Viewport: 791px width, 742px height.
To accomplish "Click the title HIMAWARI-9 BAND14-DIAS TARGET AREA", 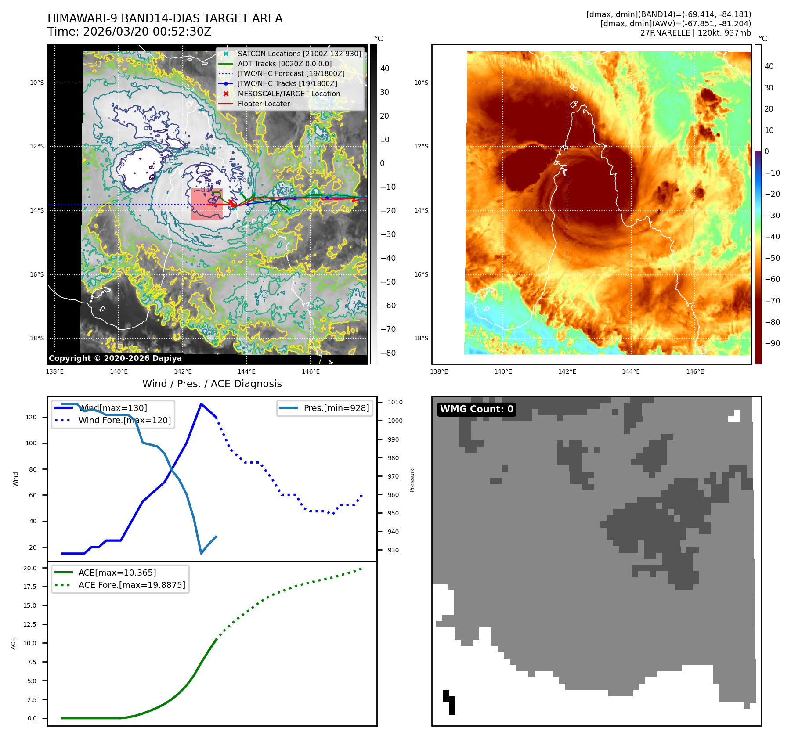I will [x=165, y=18].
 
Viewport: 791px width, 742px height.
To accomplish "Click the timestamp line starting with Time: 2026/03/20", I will [x=130, y=32].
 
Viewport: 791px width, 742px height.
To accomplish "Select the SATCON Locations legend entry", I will [x=299, y=54].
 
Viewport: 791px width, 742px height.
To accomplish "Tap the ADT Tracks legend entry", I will [x=285, y=64].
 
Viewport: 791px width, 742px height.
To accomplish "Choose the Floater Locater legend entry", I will [x=264, y=104].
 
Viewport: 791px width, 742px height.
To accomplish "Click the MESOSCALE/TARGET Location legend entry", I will [x=289, y=94].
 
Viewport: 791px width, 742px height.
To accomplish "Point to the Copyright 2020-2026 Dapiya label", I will [x=115, y=358].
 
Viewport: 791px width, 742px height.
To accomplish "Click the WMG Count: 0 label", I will [x=477, y=409].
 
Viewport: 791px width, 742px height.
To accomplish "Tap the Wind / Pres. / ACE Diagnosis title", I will [x=212, y=384].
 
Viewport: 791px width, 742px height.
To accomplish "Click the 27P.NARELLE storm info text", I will [x=695, y=33].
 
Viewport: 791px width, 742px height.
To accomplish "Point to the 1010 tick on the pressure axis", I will [x=395, y=402].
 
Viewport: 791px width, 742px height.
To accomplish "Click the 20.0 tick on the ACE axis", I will [x=30, y=568].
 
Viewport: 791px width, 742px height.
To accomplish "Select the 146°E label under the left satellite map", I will [x=311, y=371].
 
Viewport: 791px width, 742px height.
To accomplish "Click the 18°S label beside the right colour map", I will [x=421, y=338].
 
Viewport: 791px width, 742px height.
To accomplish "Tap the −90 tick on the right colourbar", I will [x=772, y=343].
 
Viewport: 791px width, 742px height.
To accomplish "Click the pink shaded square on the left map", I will [x=207, y=204].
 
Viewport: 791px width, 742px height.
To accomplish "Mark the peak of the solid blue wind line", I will [x=201, y=404].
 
